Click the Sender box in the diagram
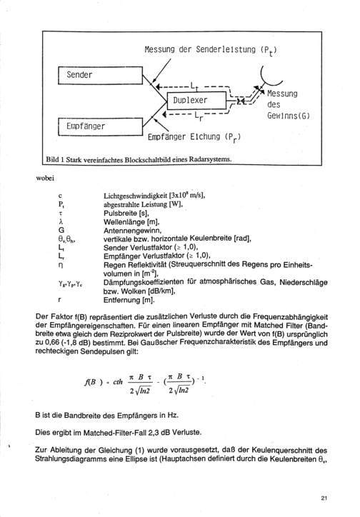click(100, 75)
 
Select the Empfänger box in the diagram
click(100, 126)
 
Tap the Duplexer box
click(197, 101)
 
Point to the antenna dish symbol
click(270, 79)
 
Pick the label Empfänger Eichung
click(184, 136)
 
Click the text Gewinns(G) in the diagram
click(289, 116)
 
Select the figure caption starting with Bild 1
click(139, 159)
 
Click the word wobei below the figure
click(44, 179)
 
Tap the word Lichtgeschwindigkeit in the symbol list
click(135, 196)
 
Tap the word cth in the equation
click(118, 382)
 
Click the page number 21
click(324, 498)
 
